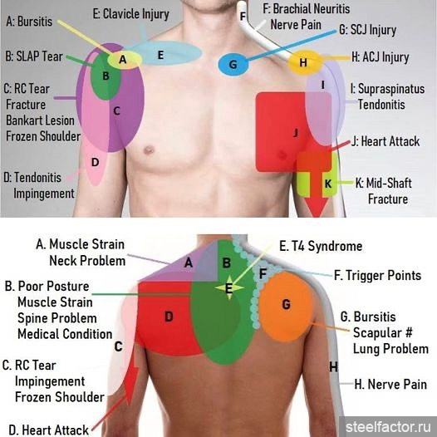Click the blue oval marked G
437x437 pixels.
(233, 64)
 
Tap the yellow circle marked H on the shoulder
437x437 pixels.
(305, 62)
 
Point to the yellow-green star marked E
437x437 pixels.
(229, 287)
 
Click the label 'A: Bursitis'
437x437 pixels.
(29, 22)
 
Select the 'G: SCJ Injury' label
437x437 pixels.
(367, 30)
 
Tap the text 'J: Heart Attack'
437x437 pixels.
(385, 141)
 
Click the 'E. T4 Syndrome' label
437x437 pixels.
(321, 246)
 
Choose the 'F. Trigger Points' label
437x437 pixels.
(378, 275)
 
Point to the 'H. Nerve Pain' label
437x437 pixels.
(390, 384)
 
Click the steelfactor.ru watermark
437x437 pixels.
(387, 427)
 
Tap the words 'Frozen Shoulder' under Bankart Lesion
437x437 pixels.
(43, 136)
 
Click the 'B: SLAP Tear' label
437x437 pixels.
(34, 56)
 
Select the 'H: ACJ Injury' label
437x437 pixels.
(381, 56)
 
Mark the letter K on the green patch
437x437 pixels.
(328, 184)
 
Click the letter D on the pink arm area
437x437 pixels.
(96, 162)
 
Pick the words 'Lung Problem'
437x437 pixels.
(390, 349)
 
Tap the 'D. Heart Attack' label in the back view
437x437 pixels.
(48, 430)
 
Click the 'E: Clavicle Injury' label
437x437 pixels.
(130, 14)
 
